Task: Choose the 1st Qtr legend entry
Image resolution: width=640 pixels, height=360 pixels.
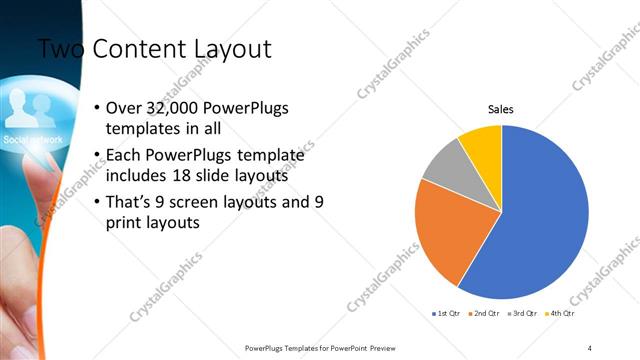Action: coord(446,313)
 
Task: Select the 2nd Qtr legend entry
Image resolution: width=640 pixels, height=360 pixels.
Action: coord(484,313)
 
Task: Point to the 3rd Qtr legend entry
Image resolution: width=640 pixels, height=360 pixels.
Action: coord(523,313)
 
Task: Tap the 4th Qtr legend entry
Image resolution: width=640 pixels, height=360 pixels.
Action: coord(561,313)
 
